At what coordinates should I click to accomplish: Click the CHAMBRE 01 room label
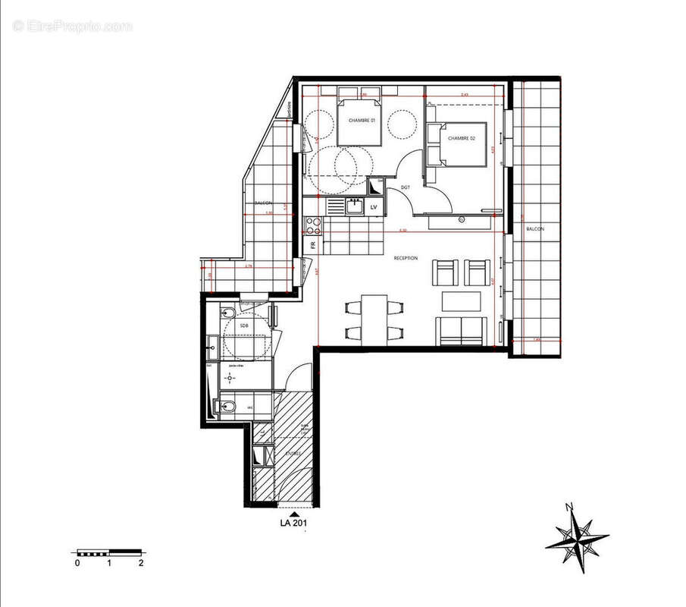(x=362, y=121)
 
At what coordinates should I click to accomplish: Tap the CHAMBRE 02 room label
(x=461, y=138)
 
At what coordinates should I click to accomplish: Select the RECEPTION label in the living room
(x=406, y=259)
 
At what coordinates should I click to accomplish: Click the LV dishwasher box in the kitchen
(x=374, y=206)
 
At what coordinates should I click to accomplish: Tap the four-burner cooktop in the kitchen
(x=314, y=225)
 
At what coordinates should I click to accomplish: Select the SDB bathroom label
(x=244, y=326)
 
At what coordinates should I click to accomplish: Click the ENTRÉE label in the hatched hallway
(x=293, y=454)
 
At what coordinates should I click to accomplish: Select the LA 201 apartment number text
(x=293, y=521)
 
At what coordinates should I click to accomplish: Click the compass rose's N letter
(x=569, y=508)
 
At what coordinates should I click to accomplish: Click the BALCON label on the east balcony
(x=536, y=228)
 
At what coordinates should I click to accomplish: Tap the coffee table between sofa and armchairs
(x=462, y=302)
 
